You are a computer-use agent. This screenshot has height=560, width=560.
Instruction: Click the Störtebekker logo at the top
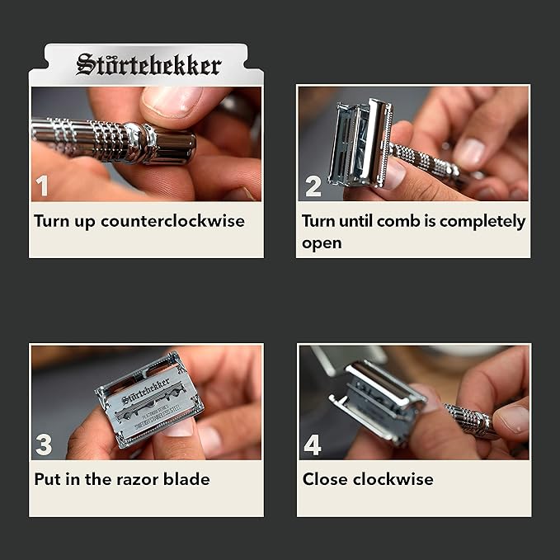[148, 64]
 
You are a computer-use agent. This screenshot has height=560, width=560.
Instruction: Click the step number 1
[42, 186]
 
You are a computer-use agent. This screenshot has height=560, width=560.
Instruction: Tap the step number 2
[313, 186]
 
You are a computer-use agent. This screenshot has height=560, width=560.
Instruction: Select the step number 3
[44, 445]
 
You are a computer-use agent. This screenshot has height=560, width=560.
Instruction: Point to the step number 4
[313, 445]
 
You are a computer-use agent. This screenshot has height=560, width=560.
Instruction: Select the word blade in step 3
[188, 479]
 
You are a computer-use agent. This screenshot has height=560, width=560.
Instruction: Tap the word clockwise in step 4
[394, 479]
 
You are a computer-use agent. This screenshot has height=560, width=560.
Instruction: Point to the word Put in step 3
[48, 479]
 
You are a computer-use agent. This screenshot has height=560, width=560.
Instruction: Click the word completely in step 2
[482, 222]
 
